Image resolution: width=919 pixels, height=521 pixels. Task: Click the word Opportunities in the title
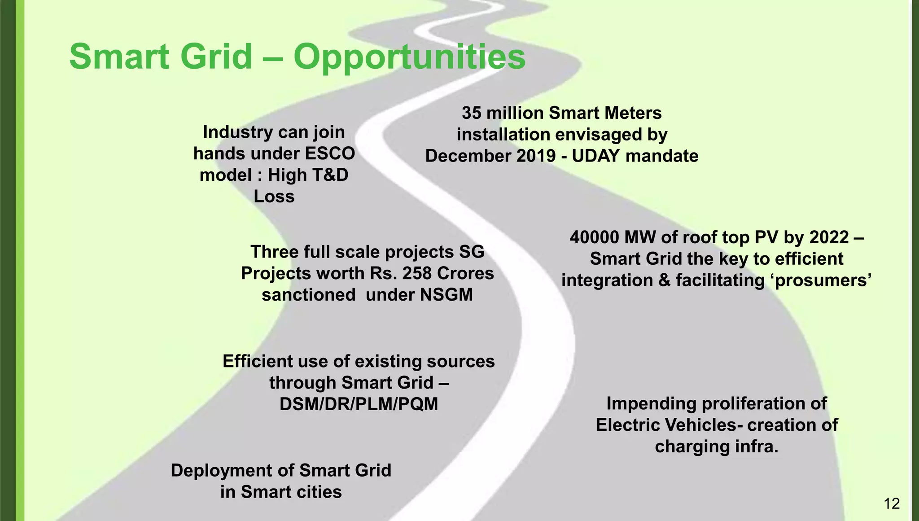coord(409,57)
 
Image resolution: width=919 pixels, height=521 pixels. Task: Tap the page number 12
coord(892,504)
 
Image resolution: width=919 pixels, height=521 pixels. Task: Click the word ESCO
coord(330,153)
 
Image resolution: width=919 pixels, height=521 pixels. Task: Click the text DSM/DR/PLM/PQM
coord(359,404)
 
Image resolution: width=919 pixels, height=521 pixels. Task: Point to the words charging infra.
coord(716,447)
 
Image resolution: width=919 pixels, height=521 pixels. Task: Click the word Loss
coord(274,197)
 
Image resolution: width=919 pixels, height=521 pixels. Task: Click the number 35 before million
coord(472,113)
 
